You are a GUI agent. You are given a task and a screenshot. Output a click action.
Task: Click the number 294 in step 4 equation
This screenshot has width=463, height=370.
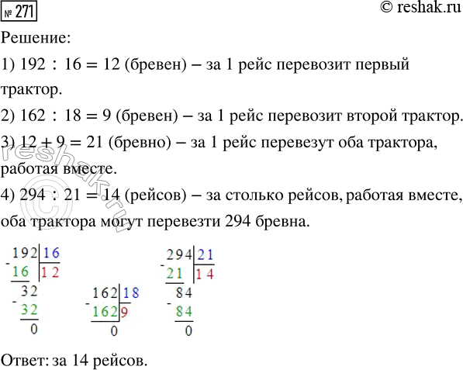tap(24, 193)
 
